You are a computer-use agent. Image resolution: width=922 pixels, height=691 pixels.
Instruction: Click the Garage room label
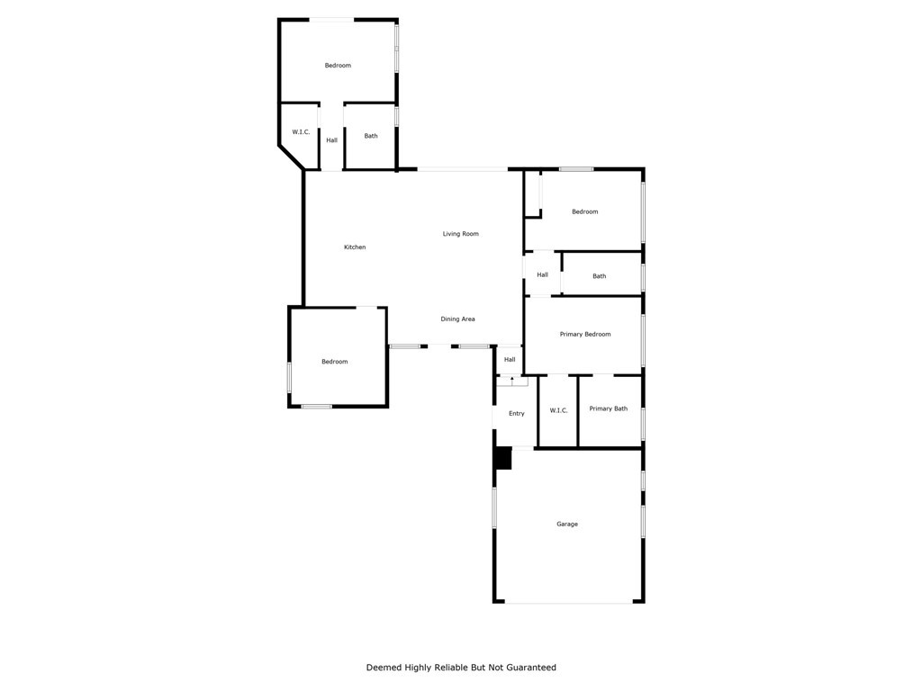[567, 524]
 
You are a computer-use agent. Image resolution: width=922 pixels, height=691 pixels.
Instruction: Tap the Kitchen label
[355, 247]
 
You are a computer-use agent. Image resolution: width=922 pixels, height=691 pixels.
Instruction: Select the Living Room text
[460, 234]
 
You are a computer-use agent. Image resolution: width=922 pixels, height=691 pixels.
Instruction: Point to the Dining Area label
[457, 319]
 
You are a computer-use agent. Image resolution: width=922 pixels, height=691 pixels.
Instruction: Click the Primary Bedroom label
[585, 335]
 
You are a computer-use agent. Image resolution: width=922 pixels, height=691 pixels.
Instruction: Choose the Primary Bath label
[609, 409]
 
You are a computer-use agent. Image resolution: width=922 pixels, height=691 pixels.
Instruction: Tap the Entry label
[516, 414]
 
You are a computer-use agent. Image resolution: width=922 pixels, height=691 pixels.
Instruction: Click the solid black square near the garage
[502, 458]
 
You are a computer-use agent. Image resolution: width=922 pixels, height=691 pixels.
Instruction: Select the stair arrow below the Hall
[512, 381]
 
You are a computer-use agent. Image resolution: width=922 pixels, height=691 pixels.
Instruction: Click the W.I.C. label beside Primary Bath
[558, 411]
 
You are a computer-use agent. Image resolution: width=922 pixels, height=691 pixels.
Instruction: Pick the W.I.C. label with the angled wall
[301, 132]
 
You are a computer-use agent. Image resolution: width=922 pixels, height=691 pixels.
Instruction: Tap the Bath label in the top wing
[371, 136]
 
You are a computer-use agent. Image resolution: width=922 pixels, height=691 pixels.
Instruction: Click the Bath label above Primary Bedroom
[600, 276]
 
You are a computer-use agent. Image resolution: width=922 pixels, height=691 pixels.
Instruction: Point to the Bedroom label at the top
[338, 66]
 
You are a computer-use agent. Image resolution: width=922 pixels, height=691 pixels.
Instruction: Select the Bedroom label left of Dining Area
[334, 362]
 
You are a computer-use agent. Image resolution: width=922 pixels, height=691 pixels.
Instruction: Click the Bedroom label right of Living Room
[584, 212]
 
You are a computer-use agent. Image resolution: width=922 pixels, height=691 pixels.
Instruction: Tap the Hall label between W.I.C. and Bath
[331, 140]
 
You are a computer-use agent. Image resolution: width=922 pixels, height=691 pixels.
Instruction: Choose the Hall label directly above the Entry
[510, 360]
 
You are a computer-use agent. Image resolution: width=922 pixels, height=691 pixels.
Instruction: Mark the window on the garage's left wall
[494, 507]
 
